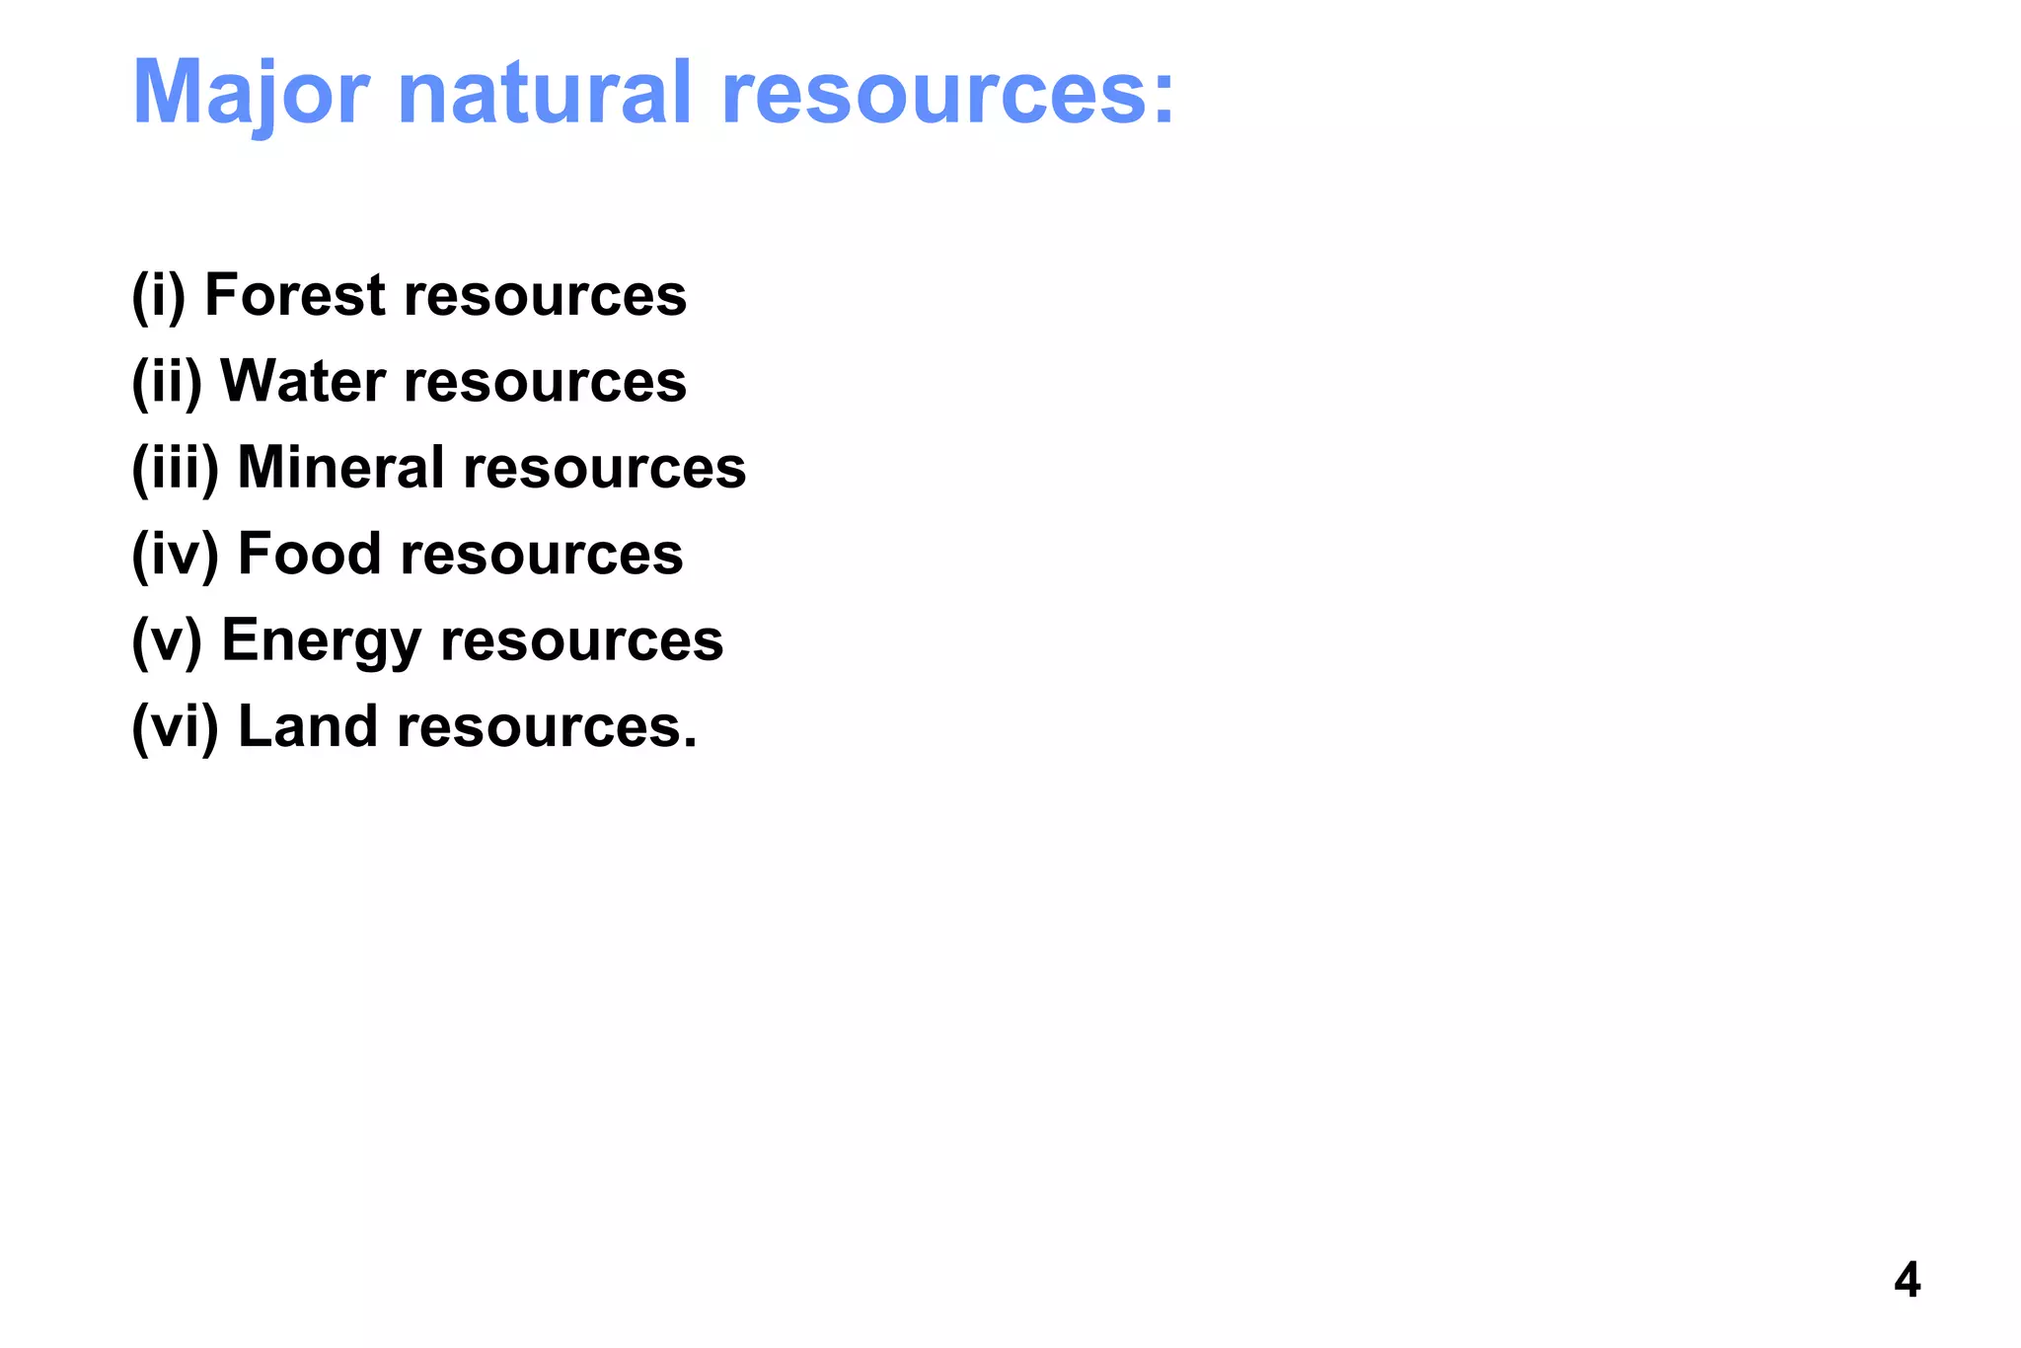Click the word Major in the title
pos(251,93)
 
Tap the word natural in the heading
pos(545,93)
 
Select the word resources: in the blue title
pos(948,93)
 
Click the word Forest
pos(294,295)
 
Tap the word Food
pos(309,553)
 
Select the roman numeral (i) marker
pos(159,295)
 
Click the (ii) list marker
pos(167,381)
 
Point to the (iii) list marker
pos(175,467)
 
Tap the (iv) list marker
pos(175,553)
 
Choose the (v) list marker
pos(167,639)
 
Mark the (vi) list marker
pos(175,726)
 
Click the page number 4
pos(1907,1281)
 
